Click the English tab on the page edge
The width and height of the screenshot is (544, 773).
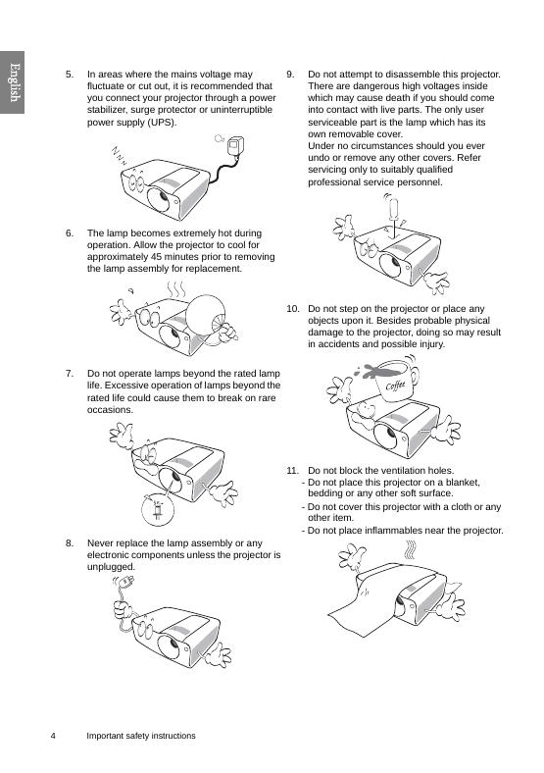point(12,82)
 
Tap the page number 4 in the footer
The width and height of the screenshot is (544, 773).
point(53,736)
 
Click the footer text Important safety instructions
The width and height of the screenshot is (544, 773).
point(141,736)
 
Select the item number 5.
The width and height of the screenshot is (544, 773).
point(70,75)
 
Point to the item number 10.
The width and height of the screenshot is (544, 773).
point(293,309)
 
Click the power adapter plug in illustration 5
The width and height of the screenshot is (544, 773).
point(235,147)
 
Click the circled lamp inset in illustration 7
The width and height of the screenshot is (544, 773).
point(158,509)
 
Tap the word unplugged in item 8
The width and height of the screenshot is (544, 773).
point(111,567)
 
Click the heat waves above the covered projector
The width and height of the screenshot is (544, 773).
point(410,549)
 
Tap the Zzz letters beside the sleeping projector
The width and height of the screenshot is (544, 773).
point(119,156)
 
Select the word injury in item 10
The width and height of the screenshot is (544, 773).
point(430,344)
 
